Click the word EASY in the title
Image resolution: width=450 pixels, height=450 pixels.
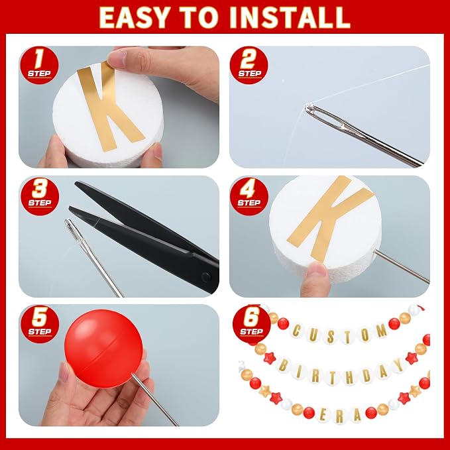(133, 17)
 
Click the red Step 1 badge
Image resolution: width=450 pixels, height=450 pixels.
(39, 65)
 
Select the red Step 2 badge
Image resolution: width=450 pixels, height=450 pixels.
(249, 65)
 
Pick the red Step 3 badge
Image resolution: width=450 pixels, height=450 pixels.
(40, 196)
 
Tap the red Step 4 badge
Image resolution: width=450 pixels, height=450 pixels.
(249, 196)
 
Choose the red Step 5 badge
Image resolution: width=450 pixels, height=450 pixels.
(40, 324)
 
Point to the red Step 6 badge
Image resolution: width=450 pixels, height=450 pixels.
(251, 324)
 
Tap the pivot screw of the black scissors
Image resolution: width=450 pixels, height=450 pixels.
(205, 277)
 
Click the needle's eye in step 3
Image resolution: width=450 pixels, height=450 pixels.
(72, 229)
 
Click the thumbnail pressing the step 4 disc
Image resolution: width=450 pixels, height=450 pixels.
(315, 270)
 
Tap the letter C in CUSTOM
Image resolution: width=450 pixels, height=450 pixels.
(296, 331)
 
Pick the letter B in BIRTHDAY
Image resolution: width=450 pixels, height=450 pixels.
(283, 366)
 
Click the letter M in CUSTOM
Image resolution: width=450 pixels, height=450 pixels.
(382, 330)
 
